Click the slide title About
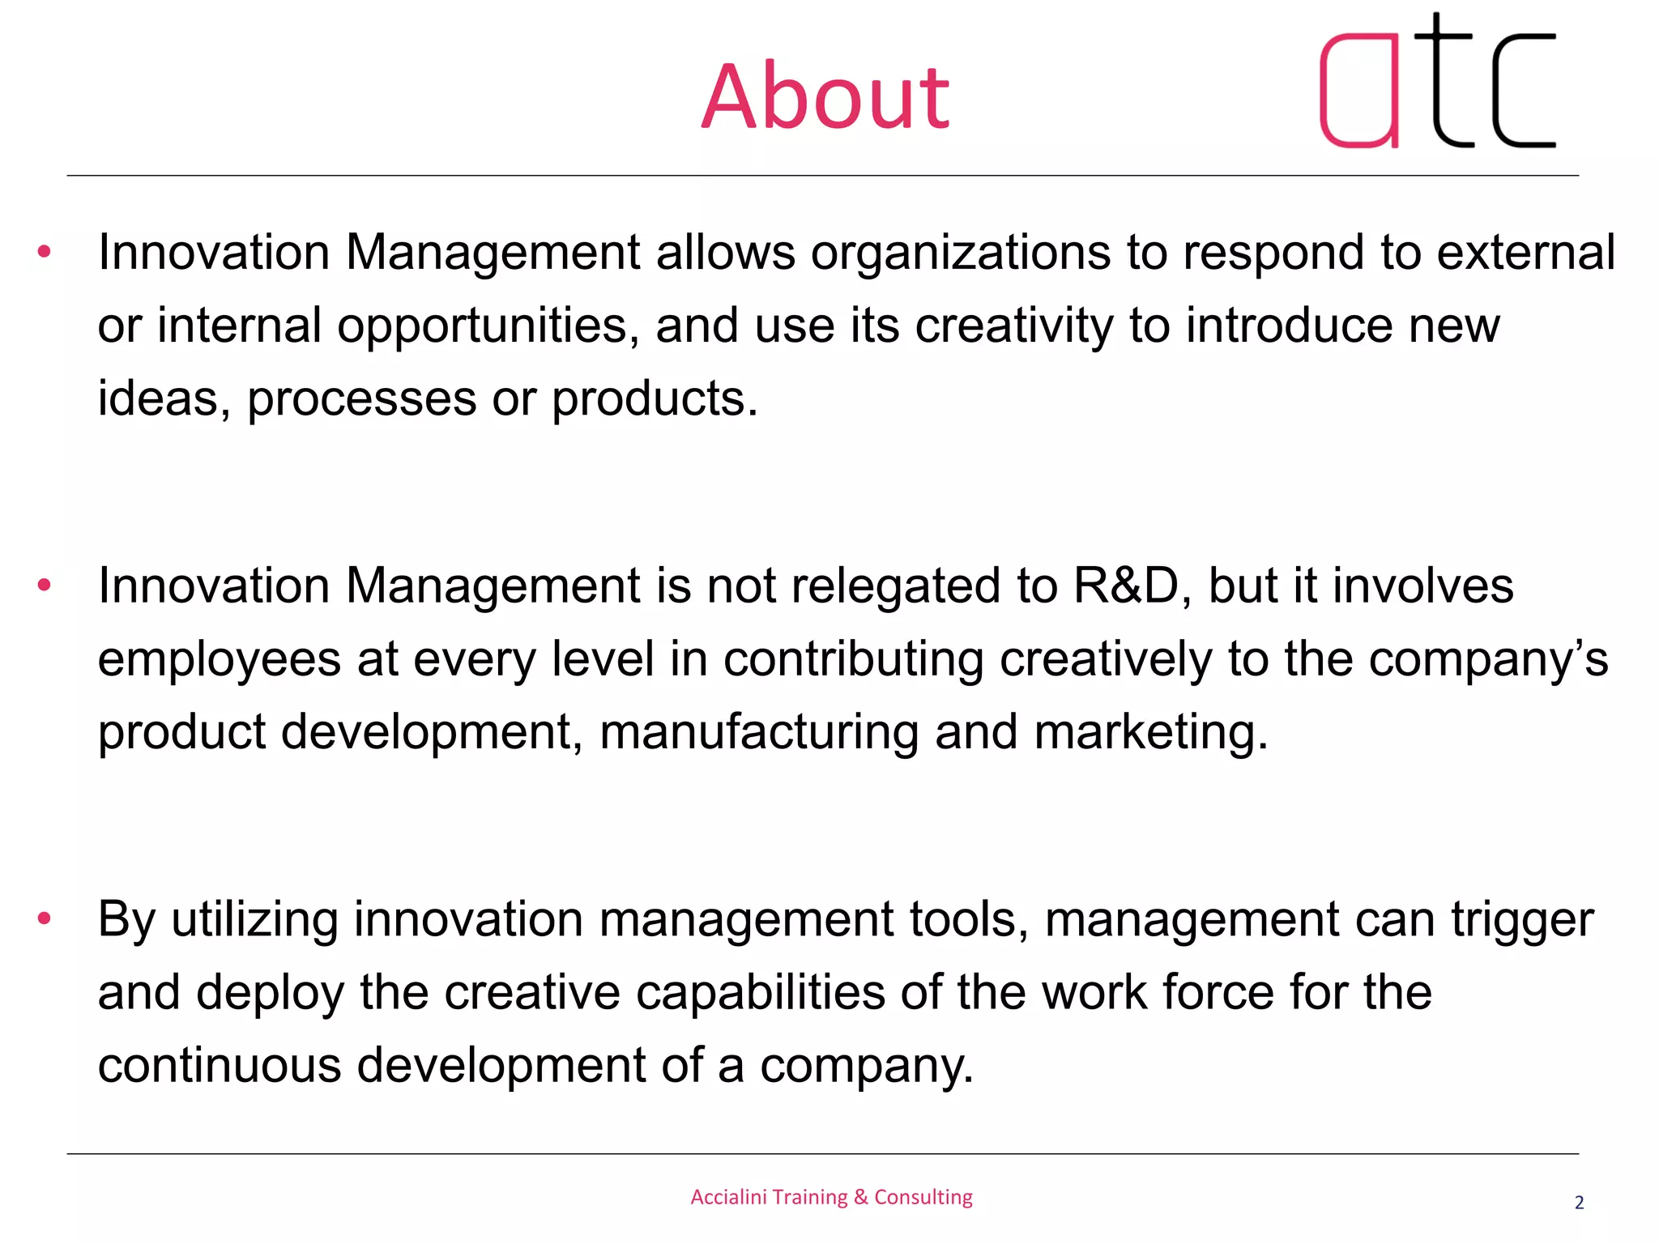[825, 97]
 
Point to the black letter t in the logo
[1442, 81]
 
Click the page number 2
[1579, 1203]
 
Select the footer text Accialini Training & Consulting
[831, 1197]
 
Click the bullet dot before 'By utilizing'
[45, 918]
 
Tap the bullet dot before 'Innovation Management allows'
[45, 252]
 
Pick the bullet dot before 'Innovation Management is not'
[45, 585]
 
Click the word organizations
[960, 253]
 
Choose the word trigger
[1522, 921]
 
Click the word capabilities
[760, 993]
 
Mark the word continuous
[220, 1065]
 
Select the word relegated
[899, 586]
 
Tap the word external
[1526, 253]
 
